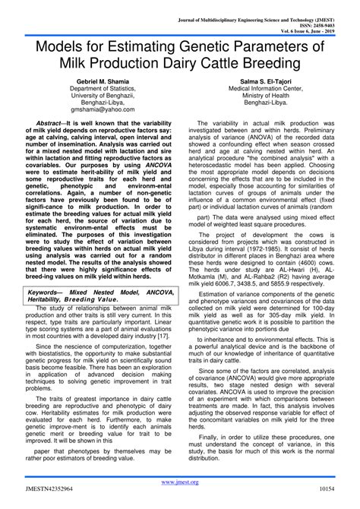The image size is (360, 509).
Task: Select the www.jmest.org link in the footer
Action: (x=180, y=482)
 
